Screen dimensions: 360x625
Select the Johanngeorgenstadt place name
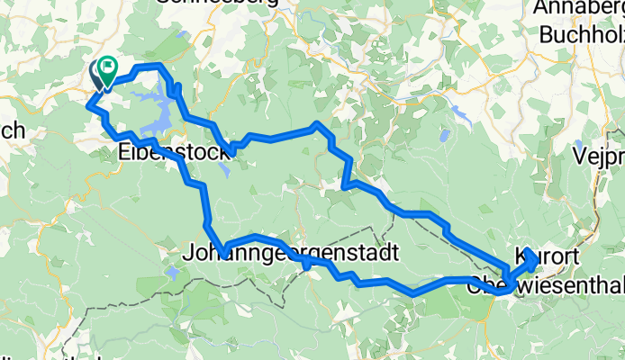point(288,253)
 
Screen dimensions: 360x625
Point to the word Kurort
point(542,255)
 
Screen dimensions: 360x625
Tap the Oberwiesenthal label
point(545,287)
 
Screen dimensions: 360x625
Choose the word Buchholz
point(582,35)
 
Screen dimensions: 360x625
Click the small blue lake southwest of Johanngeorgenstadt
point(171,271)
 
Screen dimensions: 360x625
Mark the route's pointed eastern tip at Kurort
point(536,260)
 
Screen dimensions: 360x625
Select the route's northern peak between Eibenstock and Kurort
point(317,125)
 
